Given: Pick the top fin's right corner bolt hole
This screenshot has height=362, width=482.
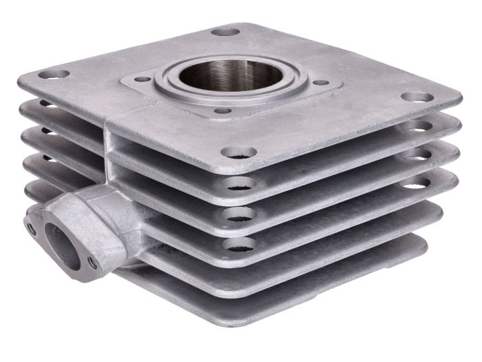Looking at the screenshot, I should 417,97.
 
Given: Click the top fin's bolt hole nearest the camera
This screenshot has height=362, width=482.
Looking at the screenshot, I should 240,152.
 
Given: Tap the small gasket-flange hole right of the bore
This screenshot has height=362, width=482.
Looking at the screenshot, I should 319,83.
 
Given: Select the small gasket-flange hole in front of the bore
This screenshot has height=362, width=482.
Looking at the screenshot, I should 222,110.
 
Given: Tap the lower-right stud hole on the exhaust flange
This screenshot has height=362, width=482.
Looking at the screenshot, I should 92,260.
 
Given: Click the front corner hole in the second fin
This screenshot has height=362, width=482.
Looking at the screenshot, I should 239,183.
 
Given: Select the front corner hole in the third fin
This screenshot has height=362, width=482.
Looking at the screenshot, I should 238,214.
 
